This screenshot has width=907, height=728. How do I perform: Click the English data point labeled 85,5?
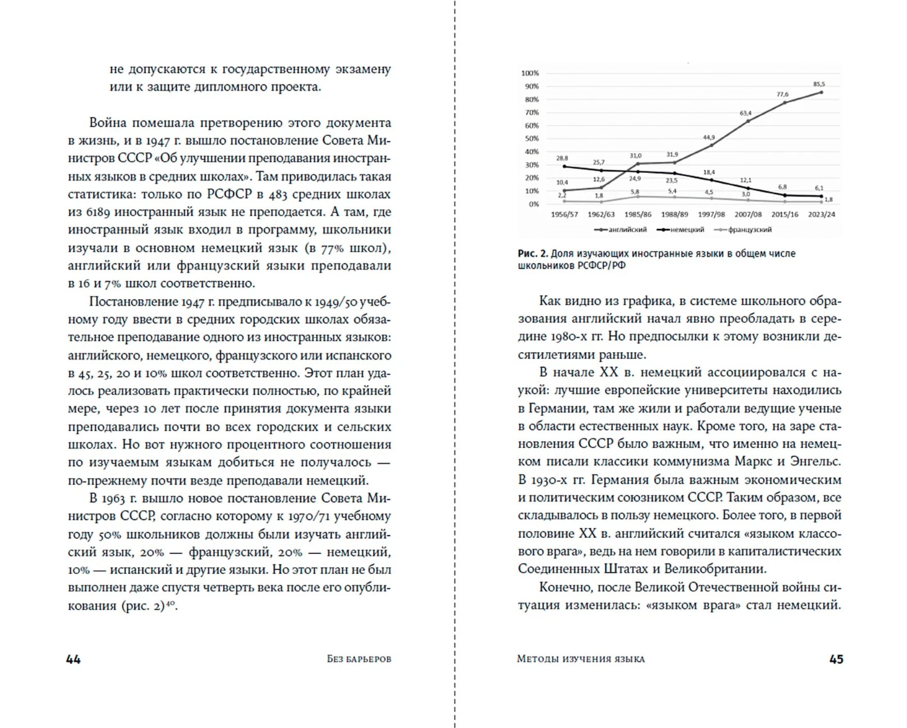(x=821, y=93)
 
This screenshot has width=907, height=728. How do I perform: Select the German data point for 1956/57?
(x=564, y=166)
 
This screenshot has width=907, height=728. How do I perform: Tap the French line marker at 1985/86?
(x=638, y=196)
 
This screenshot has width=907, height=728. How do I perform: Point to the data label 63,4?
(x=745, y=113)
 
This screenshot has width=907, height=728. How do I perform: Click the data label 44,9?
(x=709, y=138)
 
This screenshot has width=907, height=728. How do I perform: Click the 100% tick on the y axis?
(x=530, y=73)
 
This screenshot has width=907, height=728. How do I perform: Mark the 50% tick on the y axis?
(x=531, y=139)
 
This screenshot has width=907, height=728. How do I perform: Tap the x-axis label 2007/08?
(x=748, y=214)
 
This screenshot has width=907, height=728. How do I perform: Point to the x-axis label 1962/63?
(x=601, y=214)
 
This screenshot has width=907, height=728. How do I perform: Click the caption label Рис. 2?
(x=532, y=253)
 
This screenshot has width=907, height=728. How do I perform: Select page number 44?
(x=73, y=659)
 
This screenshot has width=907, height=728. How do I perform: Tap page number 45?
(x=836, y=659)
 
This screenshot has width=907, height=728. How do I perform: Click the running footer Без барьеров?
(x=359, y=659)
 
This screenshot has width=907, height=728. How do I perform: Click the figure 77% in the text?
(x=332, y=248)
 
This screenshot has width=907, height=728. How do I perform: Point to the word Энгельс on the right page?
(x=818, y=461)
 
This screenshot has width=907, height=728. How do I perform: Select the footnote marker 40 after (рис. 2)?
(x=170, y=602)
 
